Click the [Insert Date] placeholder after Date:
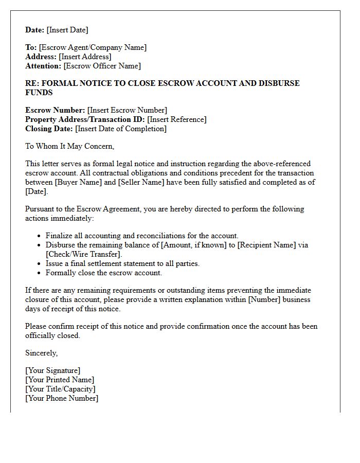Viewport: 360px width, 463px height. point(67,30)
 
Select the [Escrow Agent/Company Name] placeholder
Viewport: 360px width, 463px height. point(93,47)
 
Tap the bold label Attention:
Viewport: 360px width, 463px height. point(43,66)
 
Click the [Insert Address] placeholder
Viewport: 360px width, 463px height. point(85,57)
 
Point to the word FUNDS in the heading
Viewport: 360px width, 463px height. point(39,93)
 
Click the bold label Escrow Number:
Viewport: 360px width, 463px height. point(55,110)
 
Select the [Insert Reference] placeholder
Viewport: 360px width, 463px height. point(176,119)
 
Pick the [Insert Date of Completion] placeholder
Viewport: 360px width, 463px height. point(121,129)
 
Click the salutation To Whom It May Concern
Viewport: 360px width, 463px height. point(69,146)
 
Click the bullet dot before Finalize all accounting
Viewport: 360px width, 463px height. point(40,236)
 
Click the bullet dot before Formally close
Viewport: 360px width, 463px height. point(40,273)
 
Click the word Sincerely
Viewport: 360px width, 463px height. point(41,353)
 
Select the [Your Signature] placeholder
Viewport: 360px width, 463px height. point(53,370)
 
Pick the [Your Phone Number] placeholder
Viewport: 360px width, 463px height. point(62,398)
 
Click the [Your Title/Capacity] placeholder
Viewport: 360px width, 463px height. point(60,389)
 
